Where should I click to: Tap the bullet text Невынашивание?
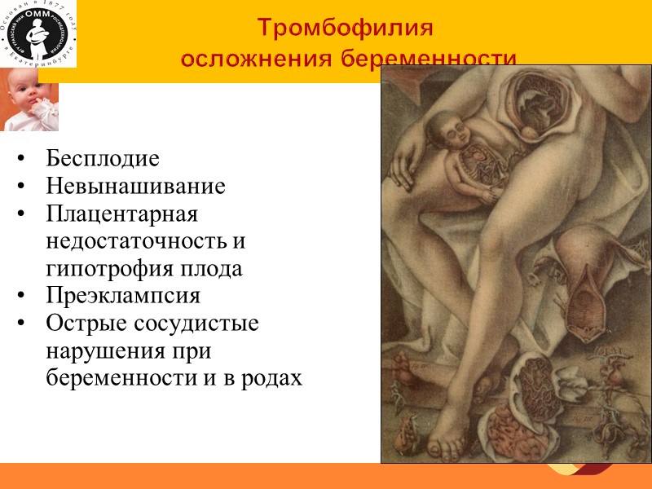135,186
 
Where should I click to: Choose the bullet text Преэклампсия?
123,295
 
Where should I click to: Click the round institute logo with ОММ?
38,33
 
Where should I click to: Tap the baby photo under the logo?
29,99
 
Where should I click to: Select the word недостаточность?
145,241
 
